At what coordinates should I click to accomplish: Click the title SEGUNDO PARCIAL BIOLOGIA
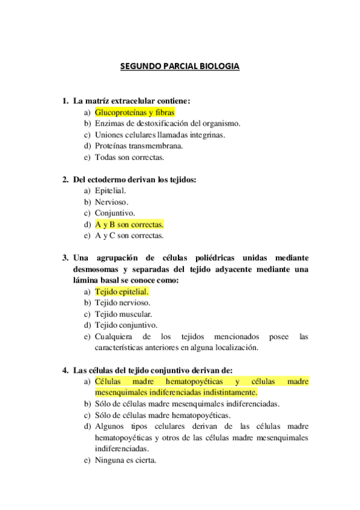tap(180, 66)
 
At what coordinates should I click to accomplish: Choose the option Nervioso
tap(111, 201)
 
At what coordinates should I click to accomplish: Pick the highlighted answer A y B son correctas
tap(129, 224)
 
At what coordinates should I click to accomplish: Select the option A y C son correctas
tap(129, 236)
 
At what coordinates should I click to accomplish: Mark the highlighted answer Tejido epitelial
tap(122, 292)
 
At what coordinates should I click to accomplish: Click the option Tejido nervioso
tap(123, 303)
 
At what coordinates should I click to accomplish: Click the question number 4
tap(65, 370)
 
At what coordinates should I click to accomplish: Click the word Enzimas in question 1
tap(108, 123)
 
